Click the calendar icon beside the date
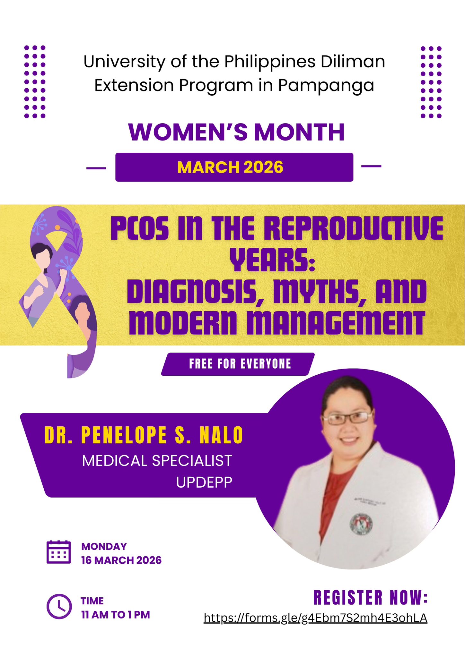pyautogui.click(x=58, y=552)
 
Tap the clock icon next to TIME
pyautogui.click(x=59, y=606)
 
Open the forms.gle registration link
pyautogui.click(x=315, y=618)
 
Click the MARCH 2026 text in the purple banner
pyautogui.click(x=230, y=167)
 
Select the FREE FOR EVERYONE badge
pyautogui.click(x=238, y=364)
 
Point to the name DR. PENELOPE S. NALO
pyautogui.click(x=144, y=435)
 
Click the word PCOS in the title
pyautogui.click(x=140, y=228)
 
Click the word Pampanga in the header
pyautogui.click(x=326, y=86)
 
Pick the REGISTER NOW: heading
pyautogui.click(x=371, y=597)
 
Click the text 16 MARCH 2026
pyautogui.click(x=121, y=560)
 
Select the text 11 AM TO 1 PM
pyautogui.click(x=116, y=615)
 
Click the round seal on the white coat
pyautogui.click(x=361, y=524)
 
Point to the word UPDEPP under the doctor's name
pyautogui.click(x=204, y=482)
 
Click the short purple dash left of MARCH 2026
pyautogui.click(x=96, y=168)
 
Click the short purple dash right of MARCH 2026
pyautogui.click(x=371, y=166)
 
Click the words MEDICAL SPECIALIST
pyautogui.click(x=157, y=461)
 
